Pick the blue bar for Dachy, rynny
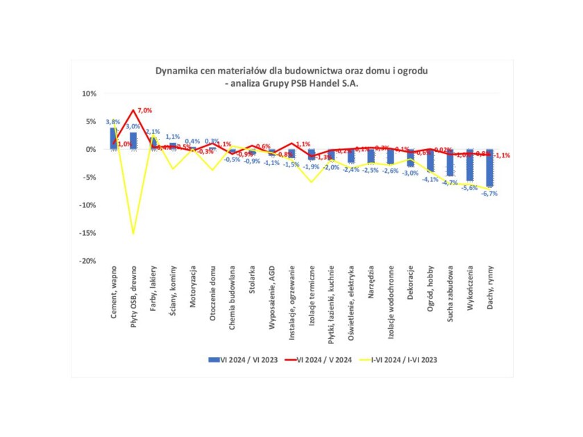[491, 167]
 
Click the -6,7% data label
[491, 194]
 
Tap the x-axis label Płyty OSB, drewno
[133, 298]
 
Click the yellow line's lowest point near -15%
[133, 234]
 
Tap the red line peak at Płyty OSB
[133, 110]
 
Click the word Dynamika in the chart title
[176, 71]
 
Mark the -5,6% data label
[471, 188]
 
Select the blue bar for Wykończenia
[471, 164]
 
